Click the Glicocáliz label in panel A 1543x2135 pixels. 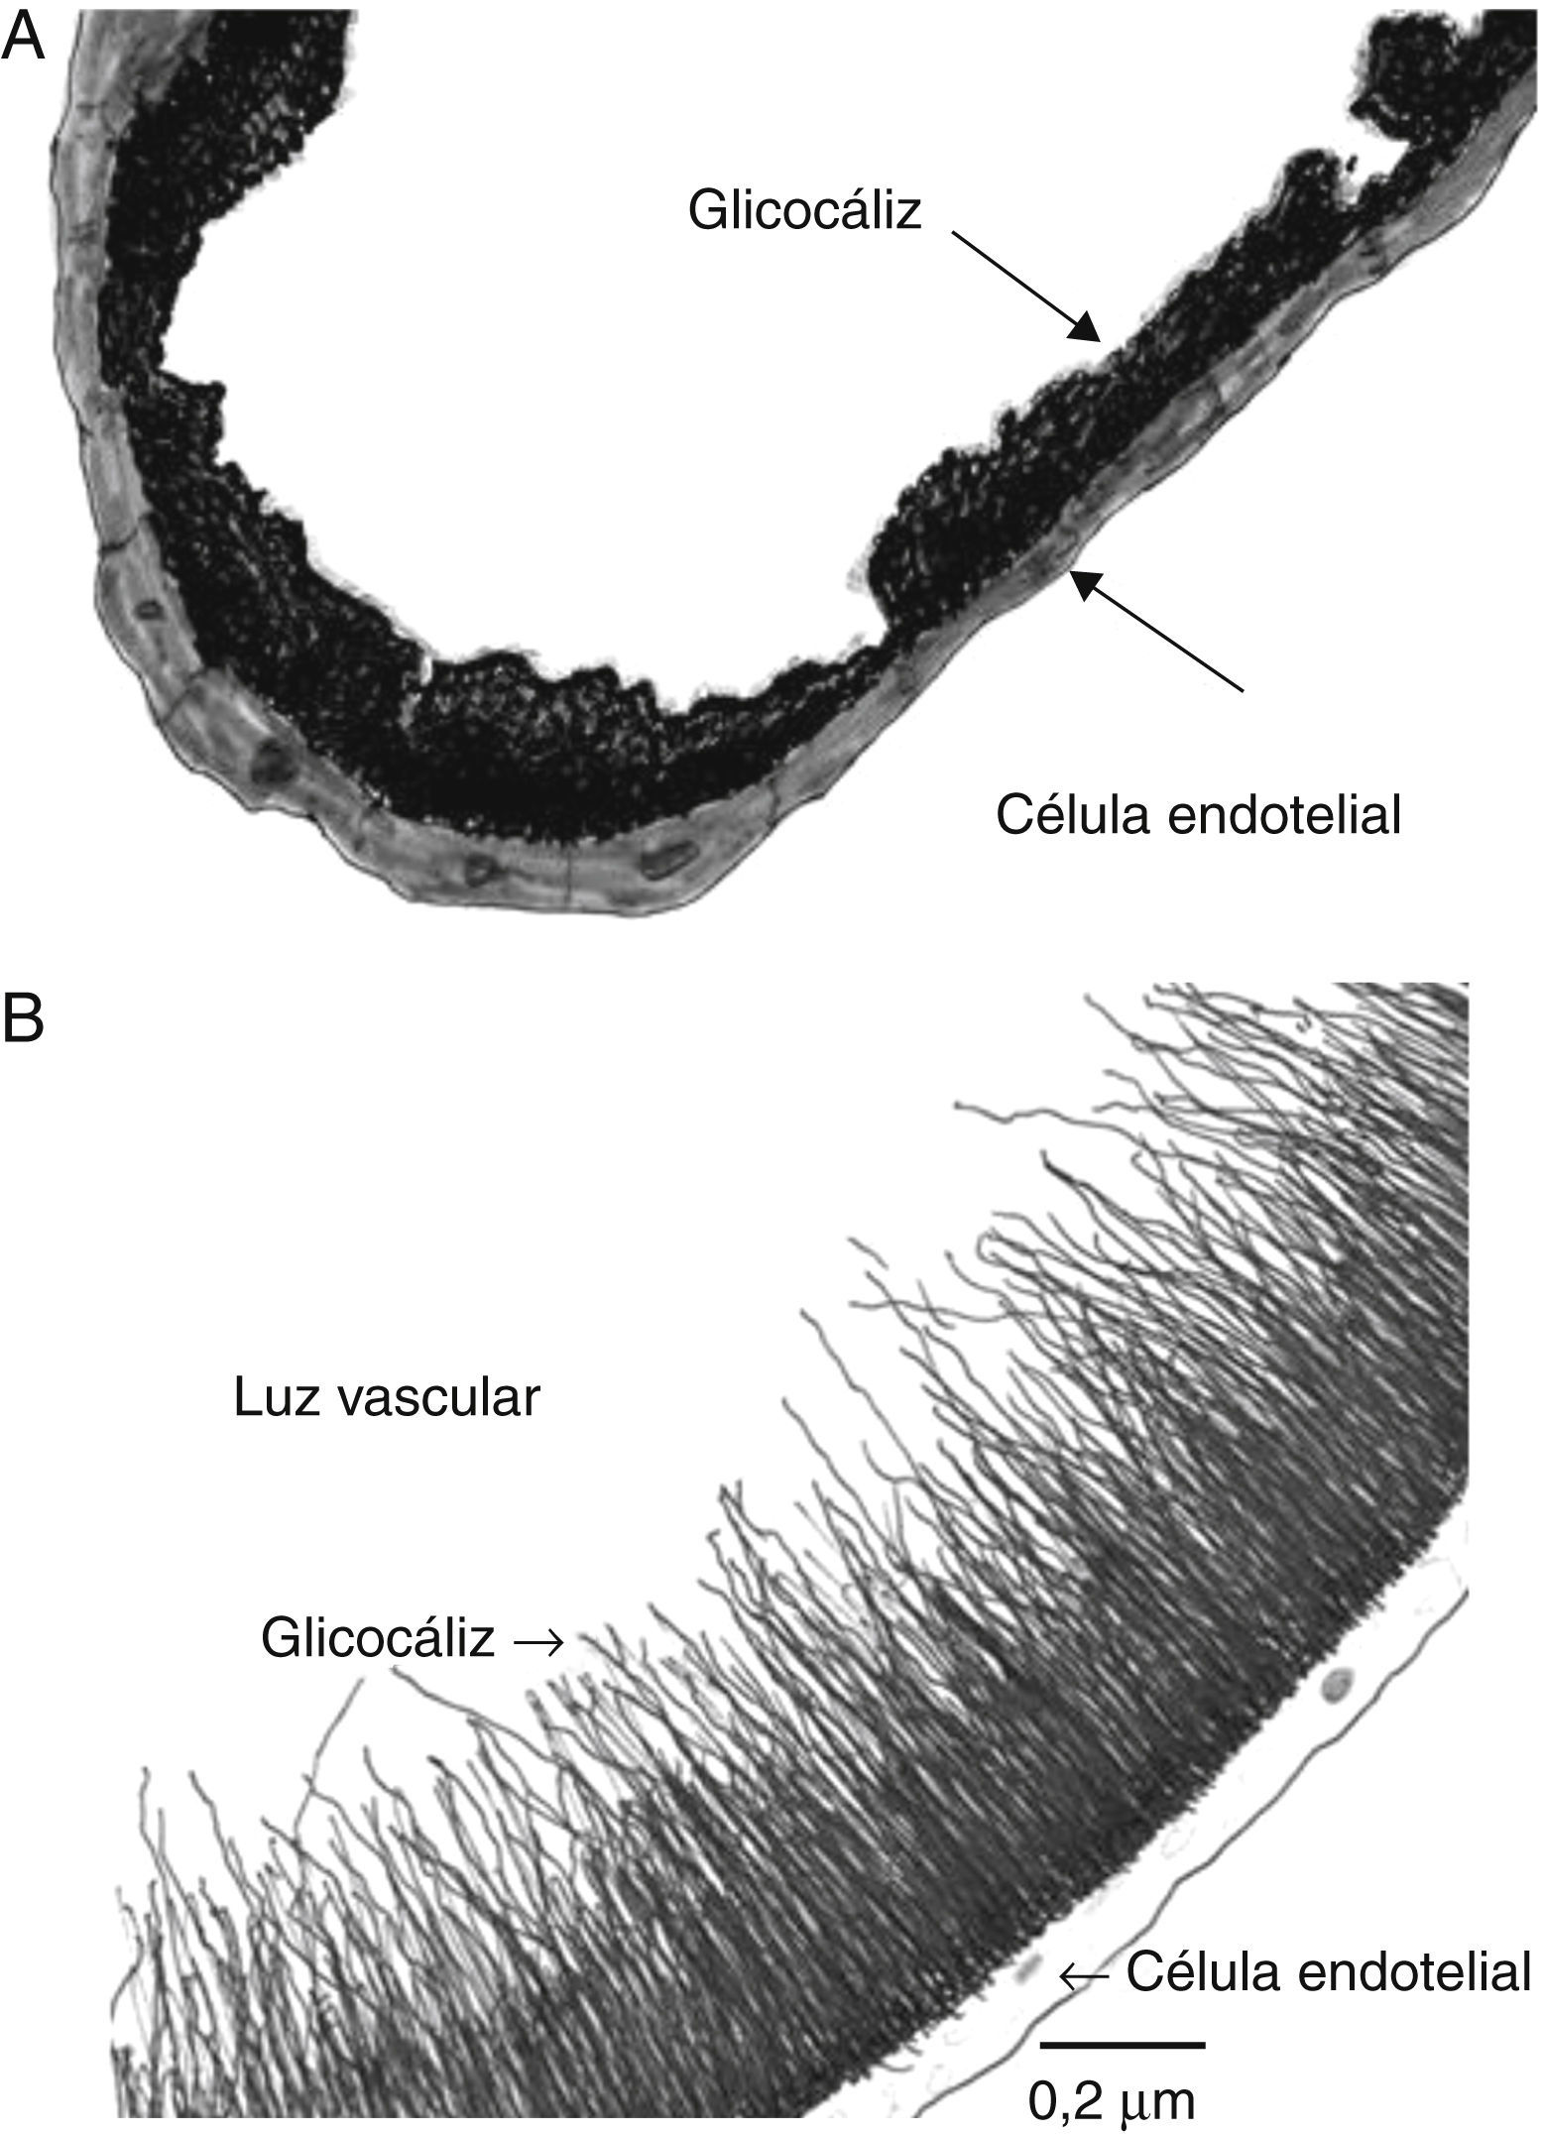click(x=805, y=211)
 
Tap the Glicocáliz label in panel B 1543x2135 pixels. click(x=378, y=1640)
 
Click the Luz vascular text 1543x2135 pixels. click(x=388, y=1399)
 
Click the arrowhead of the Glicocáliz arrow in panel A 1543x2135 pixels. click(x=1089, y=327)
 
